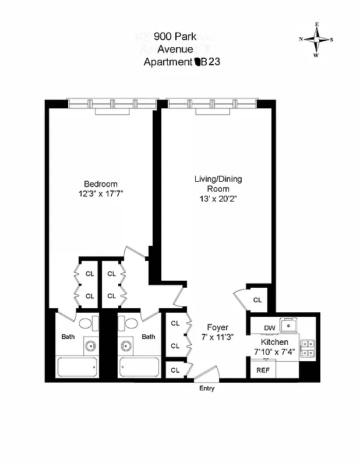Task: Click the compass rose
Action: click(316, 40)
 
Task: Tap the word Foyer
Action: click(217, 327)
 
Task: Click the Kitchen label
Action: click(274, 342)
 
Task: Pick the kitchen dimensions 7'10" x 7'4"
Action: click(274, 352)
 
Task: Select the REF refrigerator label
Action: click(263, 370)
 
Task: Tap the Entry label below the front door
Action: click(207, 389)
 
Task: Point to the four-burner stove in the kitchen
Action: click(307, 348)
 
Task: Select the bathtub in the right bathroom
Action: click(139, 367)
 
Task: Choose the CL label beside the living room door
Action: click(257, 300)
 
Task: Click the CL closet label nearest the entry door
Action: click(175, 370)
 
